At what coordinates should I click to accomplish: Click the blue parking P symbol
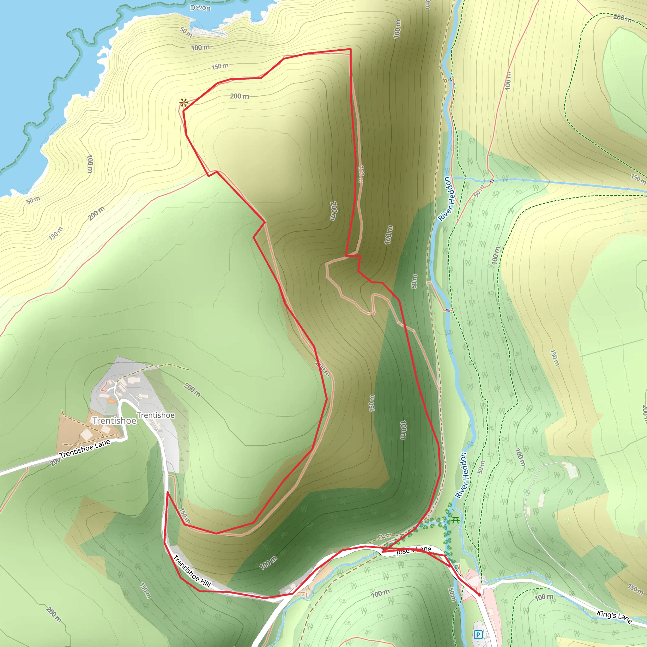click(x=478, y=634)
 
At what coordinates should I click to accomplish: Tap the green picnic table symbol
click(x=455, y=520)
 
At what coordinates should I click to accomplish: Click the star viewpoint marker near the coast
click(x=183, y=103)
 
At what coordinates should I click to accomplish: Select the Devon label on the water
click(x=200, y=7)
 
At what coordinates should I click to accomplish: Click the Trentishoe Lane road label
click(x=85, y=449)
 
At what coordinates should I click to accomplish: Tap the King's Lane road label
click(x=614, y=617)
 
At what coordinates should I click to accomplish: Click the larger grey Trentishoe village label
click(x=114, y=420)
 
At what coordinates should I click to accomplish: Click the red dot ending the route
click(x=480, y=595)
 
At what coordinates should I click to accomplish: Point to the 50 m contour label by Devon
click(x=186, y=32)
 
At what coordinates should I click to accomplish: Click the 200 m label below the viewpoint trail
click(x=239, y=96)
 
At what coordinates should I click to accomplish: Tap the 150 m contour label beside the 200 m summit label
click(x=220, y=66)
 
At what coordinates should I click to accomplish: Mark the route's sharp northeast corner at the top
click(x=350, y=49)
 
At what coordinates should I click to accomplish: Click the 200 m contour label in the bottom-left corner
click(x=54, y=614)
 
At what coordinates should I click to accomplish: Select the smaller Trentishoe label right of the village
click(x=156, y=415)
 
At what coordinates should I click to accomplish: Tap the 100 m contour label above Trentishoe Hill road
click(x=269, y=563)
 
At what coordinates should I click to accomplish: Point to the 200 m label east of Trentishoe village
click(x=192, y=390)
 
